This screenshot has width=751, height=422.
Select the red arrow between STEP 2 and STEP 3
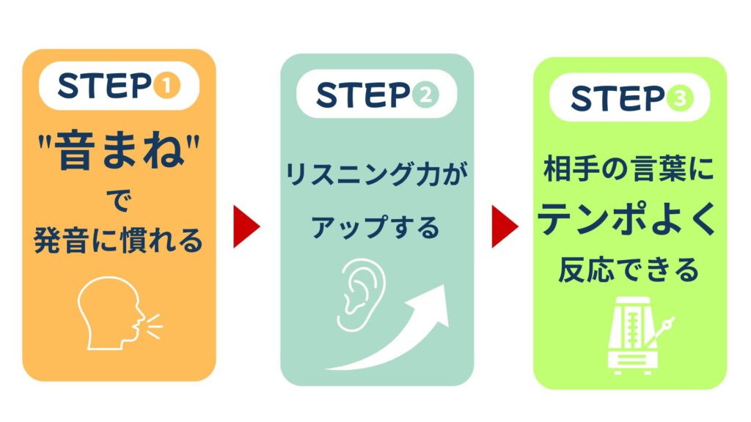point(504,226)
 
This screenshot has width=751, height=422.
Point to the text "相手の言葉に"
point(629,172)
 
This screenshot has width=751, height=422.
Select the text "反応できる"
point(629,270)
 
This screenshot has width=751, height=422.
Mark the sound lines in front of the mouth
point(151,324)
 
